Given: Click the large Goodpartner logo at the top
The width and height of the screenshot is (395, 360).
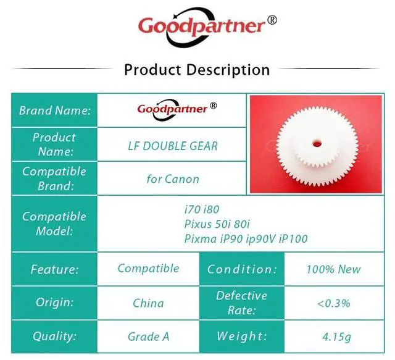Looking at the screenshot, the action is pyautogui.click(x=207, y=27).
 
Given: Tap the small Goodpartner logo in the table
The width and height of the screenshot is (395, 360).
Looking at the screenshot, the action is pyautogui.click(x=177, y=109).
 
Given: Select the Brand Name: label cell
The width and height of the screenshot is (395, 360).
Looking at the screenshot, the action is pyautogui.click(x=54, y=110).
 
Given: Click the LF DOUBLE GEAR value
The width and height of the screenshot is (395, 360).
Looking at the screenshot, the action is pyautogui.click(x=173, y=146).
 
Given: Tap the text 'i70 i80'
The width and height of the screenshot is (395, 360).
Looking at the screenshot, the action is pyautogui.click(x=202, y=209).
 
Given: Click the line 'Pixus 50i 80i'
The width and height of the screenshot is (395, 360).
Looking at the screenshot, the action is pyautogui.click(x=217, y=224).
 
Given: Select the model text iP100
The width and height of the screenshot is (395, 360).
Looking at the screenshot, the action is pyautogui.click(x=293, y=239).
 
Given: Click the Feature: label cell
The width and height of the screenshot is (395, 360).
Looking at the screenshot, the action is pyautogui.click(x=54, y=269).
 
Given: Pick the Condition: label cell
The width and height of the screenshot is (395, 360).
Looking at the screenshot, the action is pyautogui.click(x=242, y=269).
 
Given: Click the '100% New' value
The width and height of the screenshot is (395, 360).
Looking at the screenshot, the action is pyautogui.click(x=333, y=269).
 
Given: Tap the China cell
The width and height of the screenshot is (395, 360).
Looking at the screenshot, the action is pyautogui.click(x=148, y=303).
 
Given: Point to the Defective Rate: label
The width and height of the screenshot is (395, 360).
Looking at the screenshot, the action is pyautogui.click(x=241, y=303).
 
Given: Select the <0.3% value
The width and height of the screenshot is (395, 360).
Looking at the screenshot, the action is pyautogui.click(x=333, y=303).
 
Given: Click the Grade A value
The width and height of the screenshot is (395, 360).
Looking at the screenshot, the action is pyautogui.click(x=148, y=337).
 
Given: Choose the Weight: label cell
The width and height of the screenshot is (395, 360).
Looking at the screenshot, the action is pyautogui.click(x=242, y=337).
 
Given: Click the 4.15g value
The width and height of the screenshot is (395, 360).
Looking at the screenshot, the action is pyautogui.click(x=336, y=337).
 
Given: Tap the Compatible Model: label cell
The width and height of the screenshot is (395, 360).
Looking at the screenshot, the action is pyautogui.click(x=54, y=224).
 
